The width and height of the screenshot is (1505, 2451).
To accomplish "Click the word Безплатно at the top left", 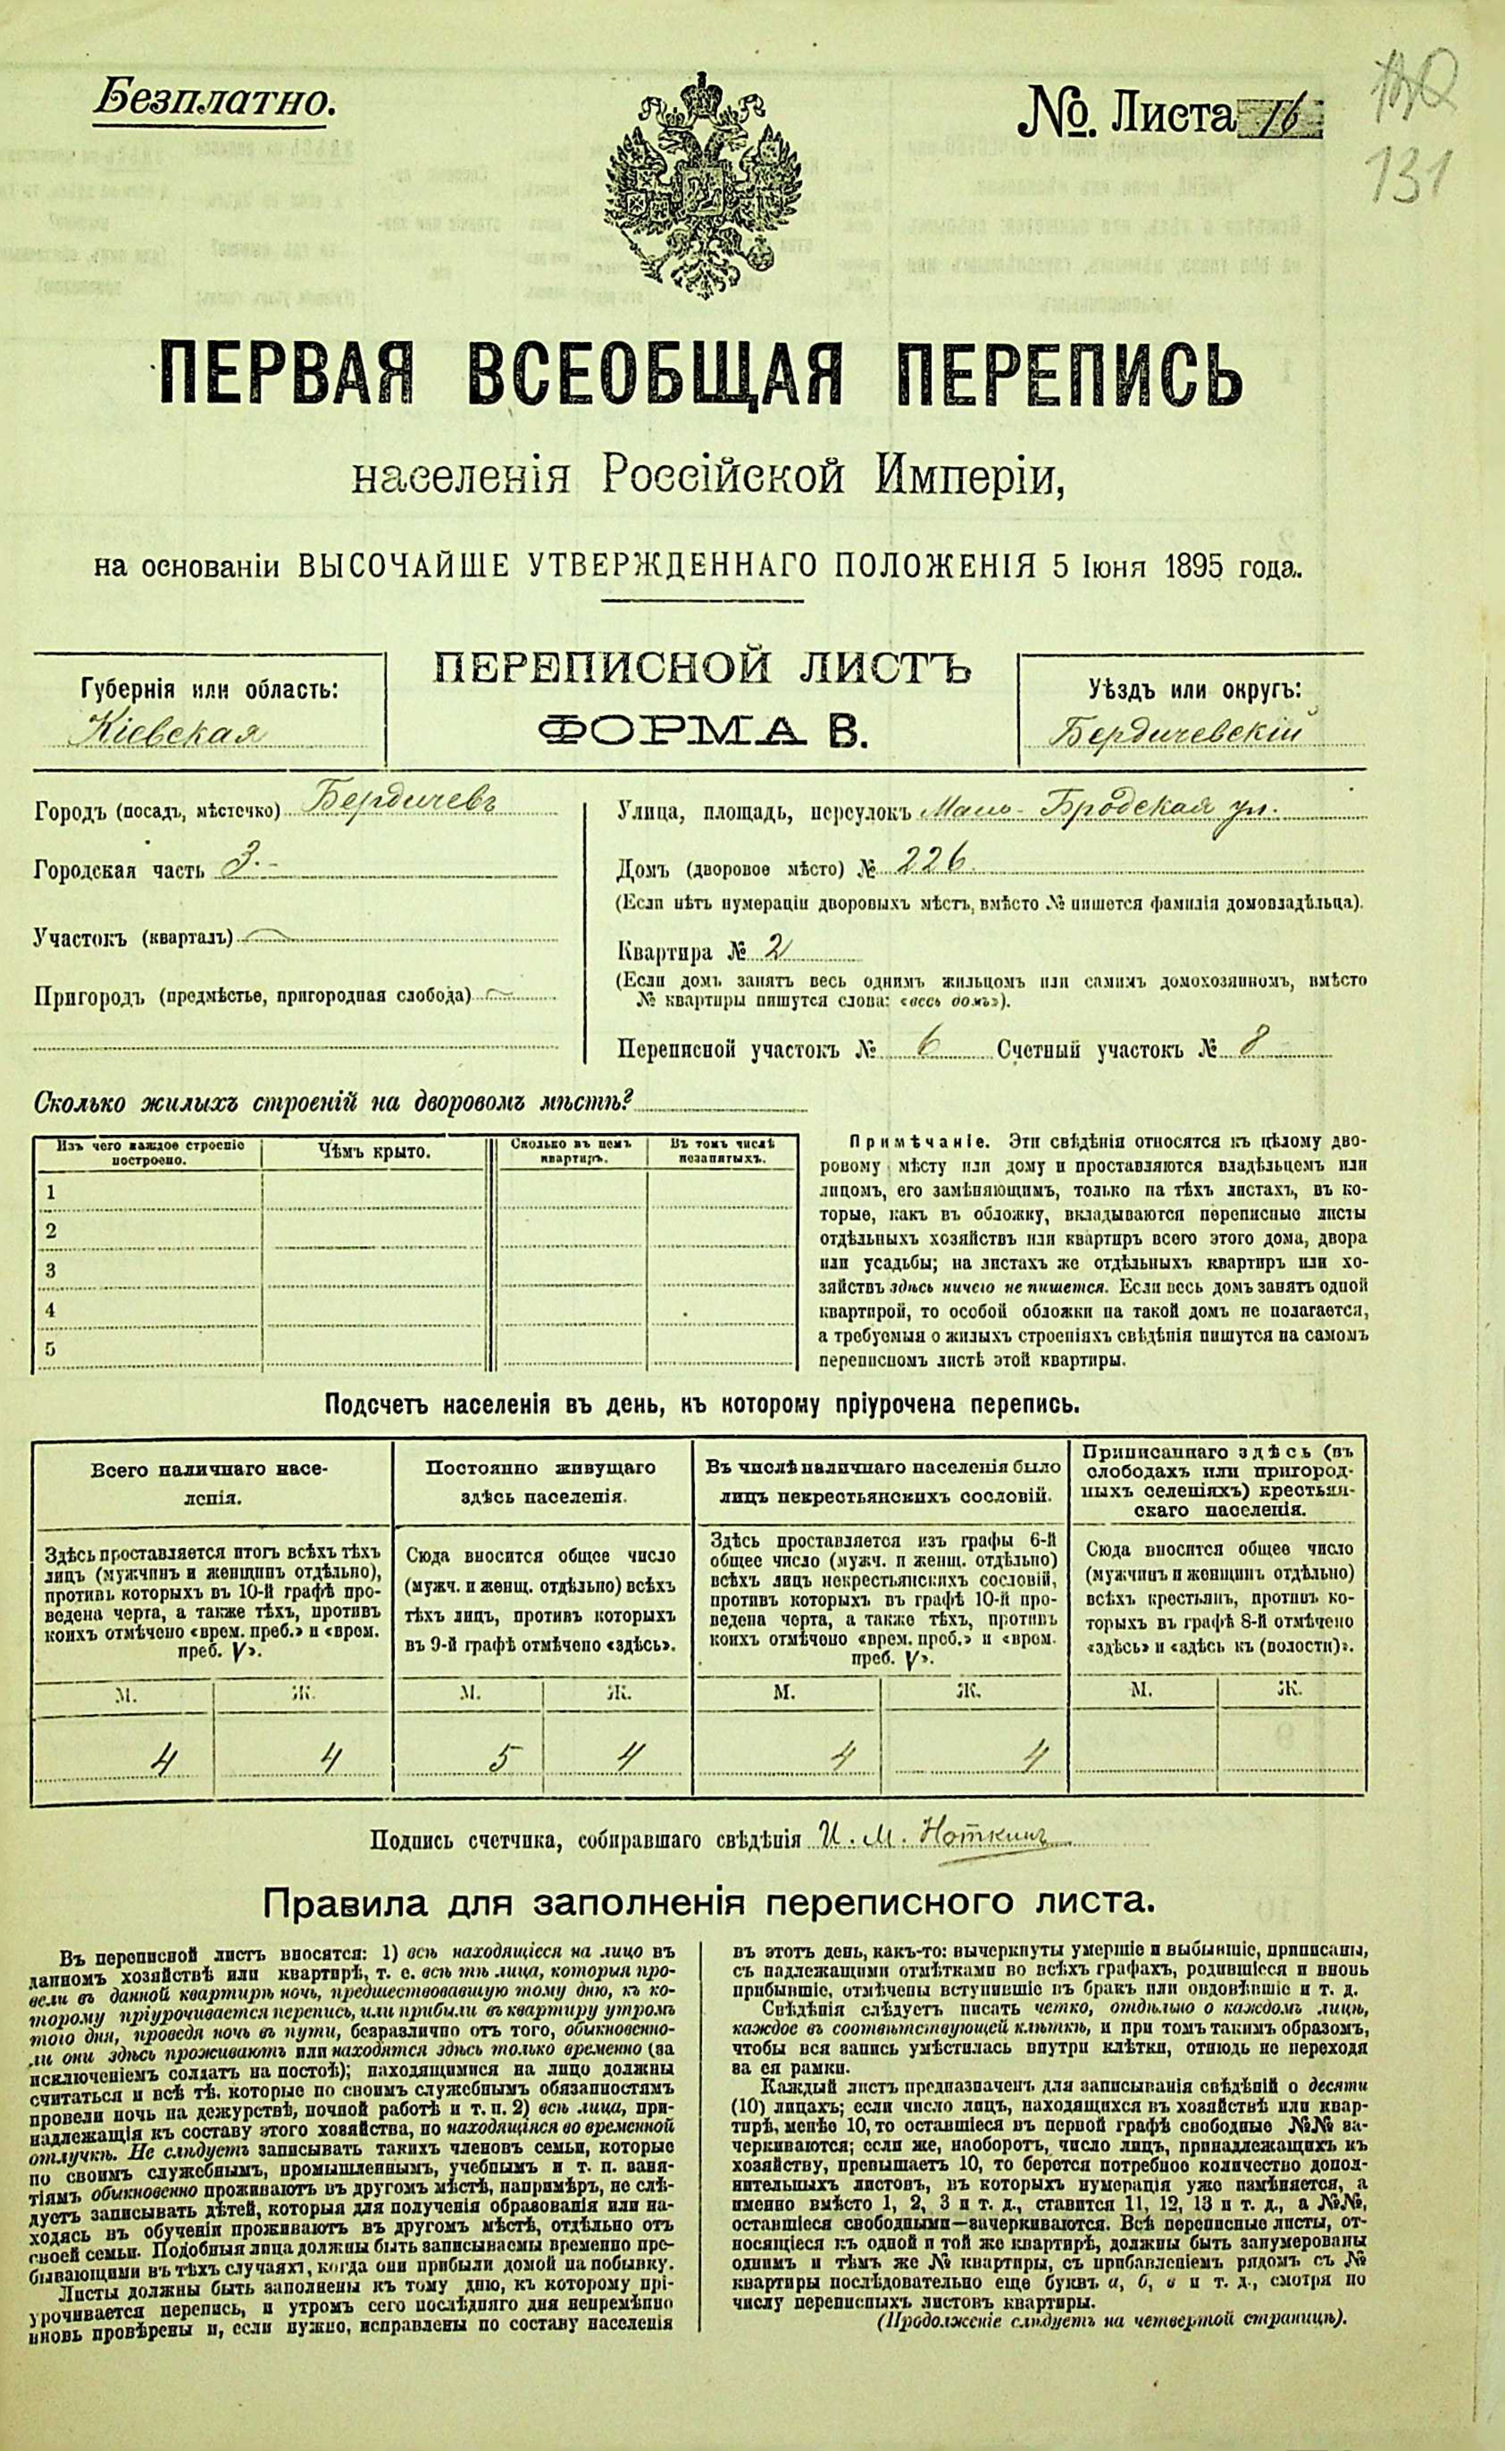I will pyautogui.click(x=213, y=101).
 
